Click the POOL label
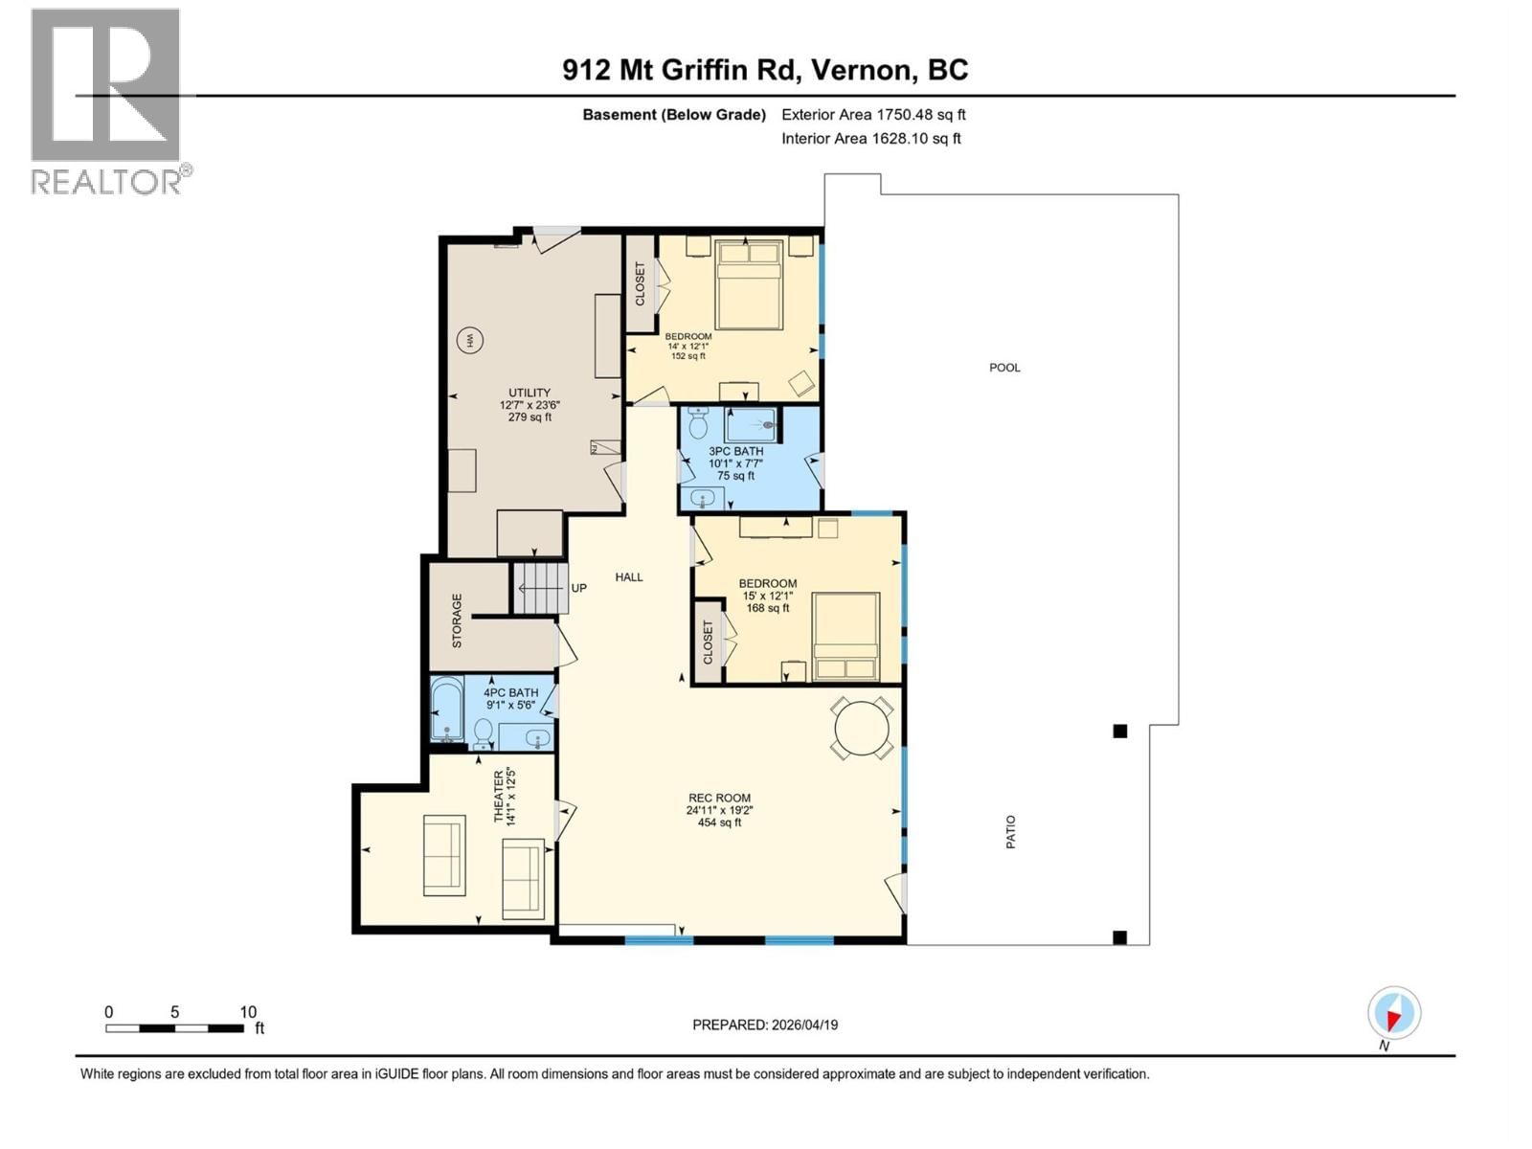pyautogui.click(x=1004, y=368)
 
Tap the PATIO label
pyautogui.click(x=1011, y=832)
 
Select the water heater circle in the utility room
pyautogui.click(x=469, y=340)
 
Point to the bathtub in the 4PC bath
pyautogui.click(x=445, y=710)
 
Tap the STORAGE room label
pyautogui.click(x=457, y=620)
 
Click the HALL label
pyautogui.click(x=629, y=577)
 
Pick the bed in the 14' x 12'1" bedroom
pyautogui.click(x=750, y=284)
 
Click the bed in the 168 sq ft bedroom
pyautogui.click(x=845, y=637)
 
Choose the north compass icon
pyautogui.click(x=1394, y=1013)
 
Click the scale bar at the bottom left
pyautogui.click(x=174, y=1028)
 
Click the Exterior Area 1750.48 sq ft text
pyautogui.click(x=873, y=115)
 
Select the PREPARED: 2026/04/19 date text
pyautogui.click(x=765, y=1025)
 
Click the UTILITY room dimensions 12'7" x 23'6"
pyautogui.click(x=529, y=405)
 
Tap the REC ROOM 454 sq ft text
pyautogui.click(x=719, y=810)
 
